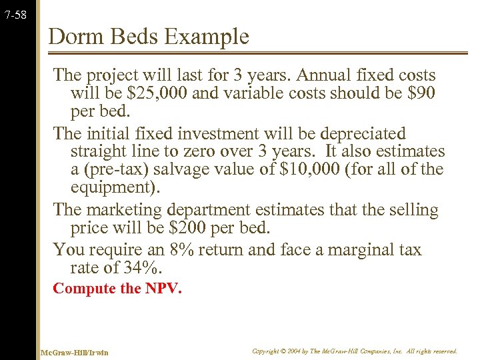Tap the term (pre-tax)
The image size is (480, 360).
117,169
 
